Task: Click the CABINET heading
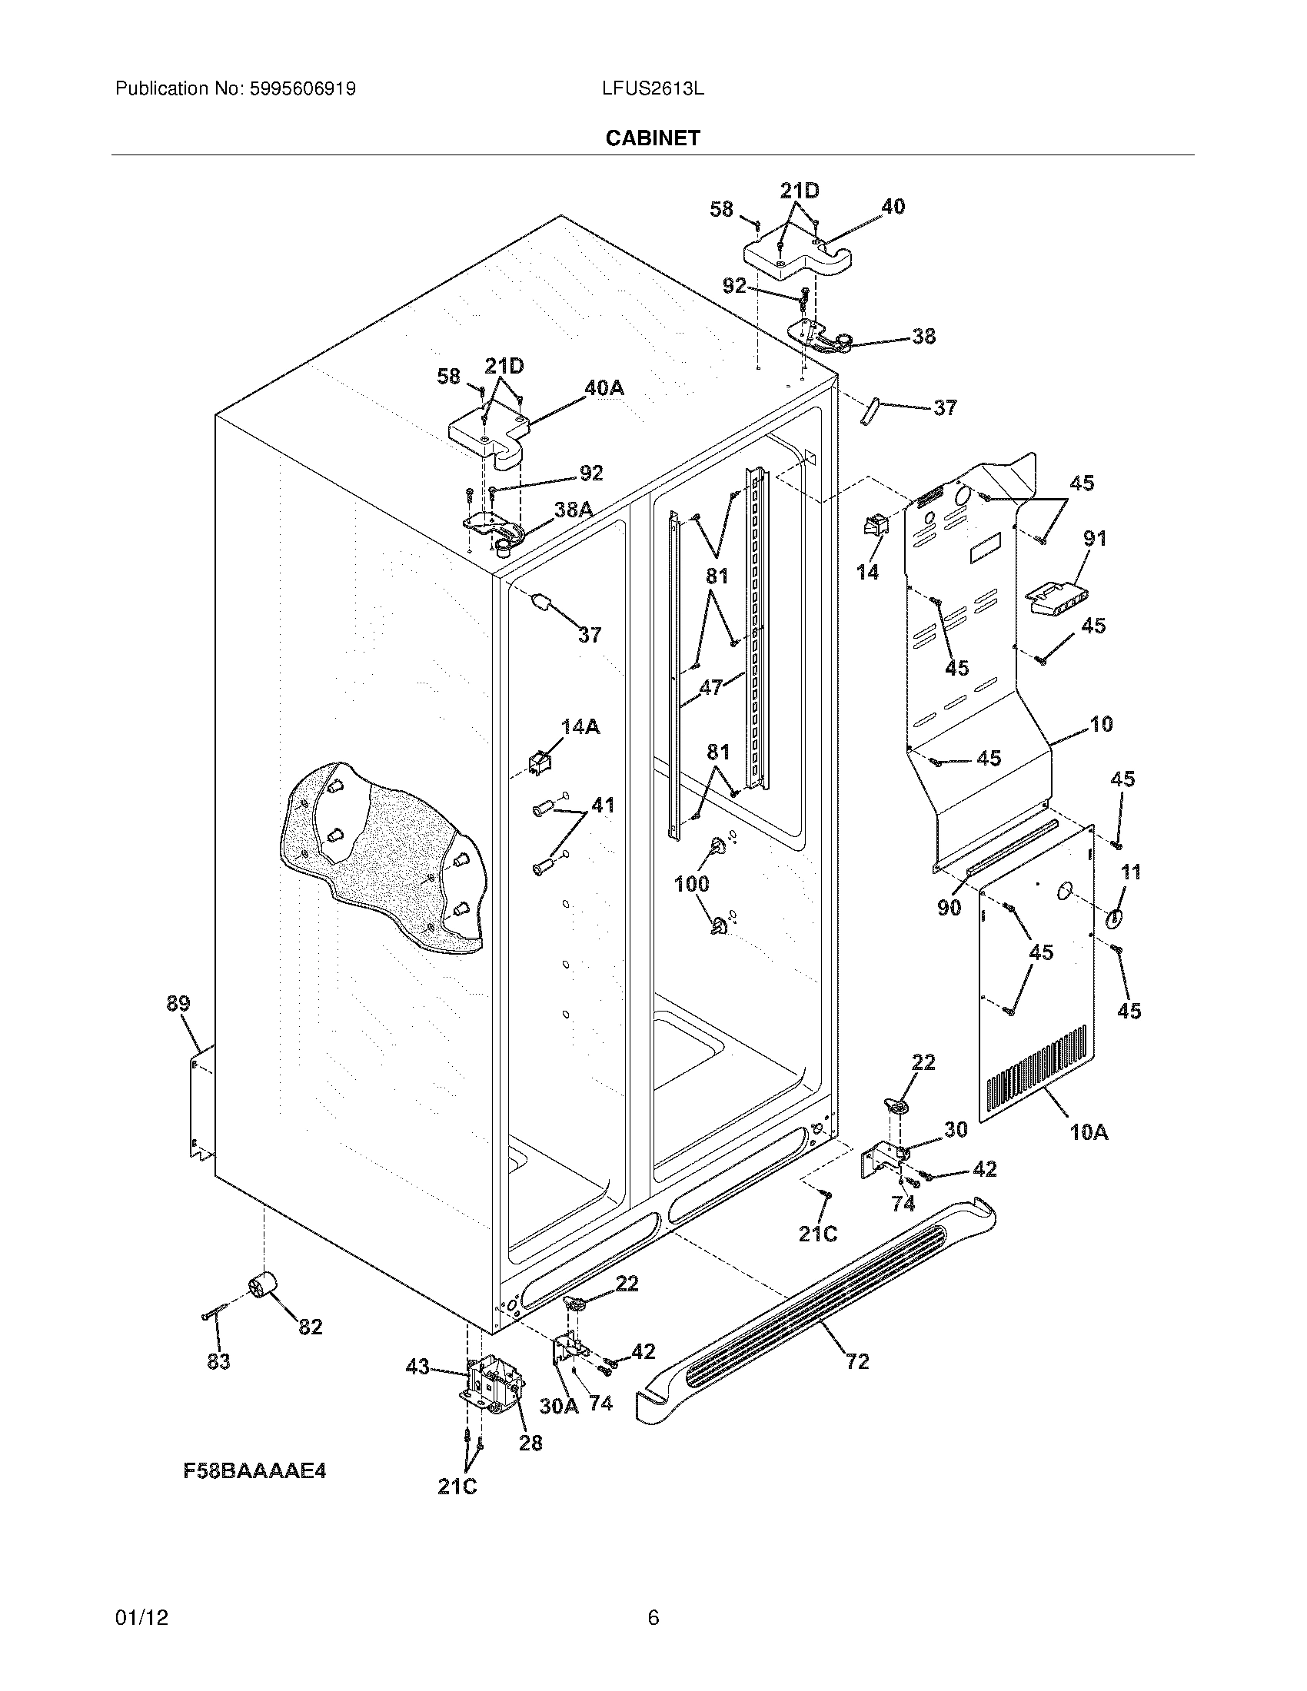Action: tap(653, 138)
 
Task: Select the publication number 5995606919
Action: tap(302, 89)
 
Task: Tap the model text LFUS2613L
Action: tap(653, 89)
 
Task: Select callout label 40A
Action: tap(604, 389)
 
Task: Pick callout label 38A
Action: tap(574, 509)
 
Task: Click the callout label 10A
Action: tap(1089, 1132)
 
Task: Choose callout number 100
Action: tap(691, 883)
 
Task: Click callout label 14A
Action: tap(580, 726)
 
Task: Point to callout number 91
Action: tap(1095, 538)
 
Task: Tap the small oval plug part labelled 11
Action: tap(1114, 919)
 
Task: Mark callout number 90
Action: tap(949, 908)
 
